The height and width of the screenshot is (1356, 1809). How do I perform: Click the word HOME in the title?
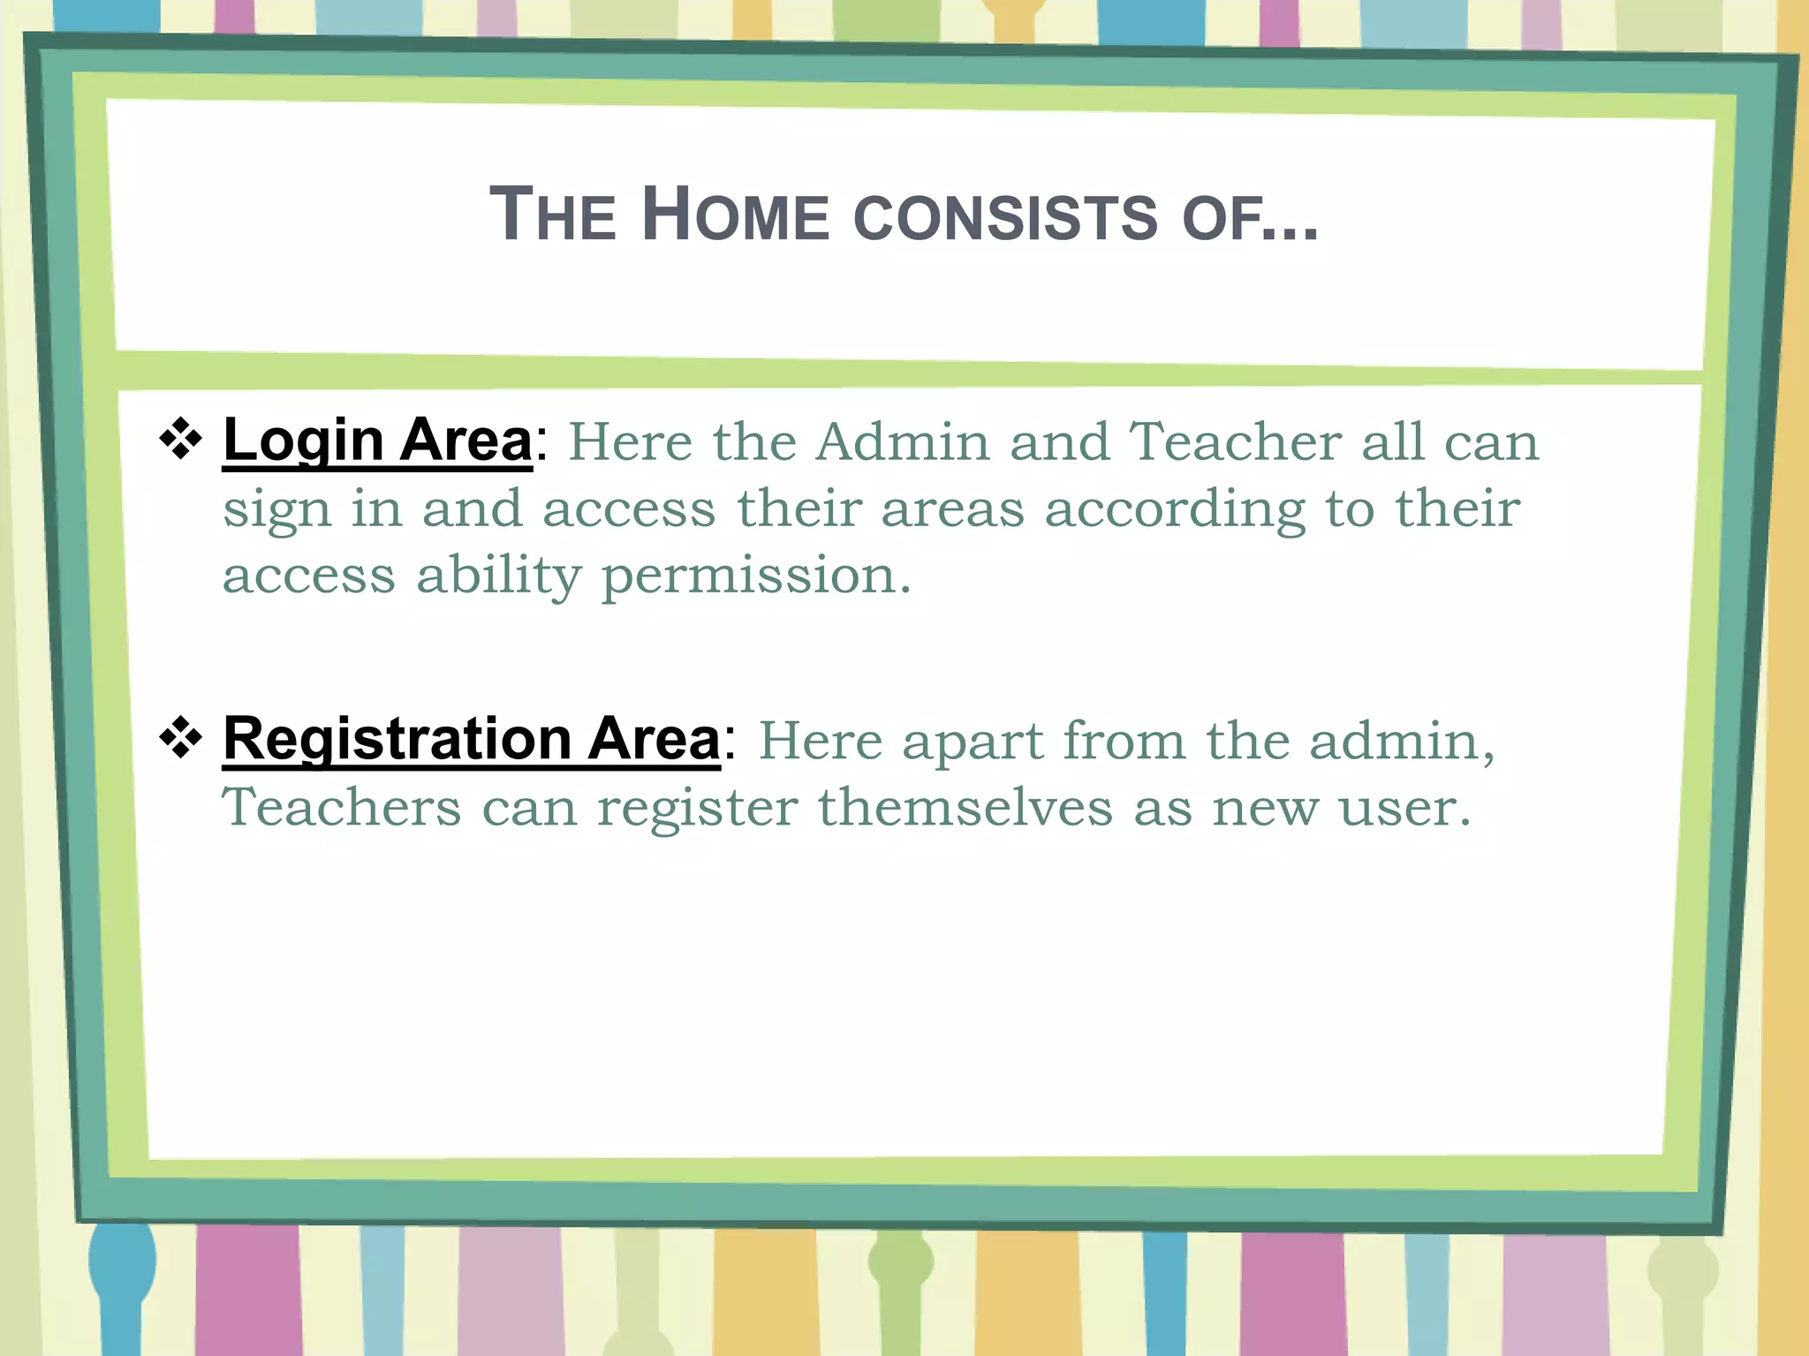click(735, 215)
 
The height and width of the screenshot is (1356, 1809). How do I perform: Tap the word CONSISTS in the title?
click(1004, 216)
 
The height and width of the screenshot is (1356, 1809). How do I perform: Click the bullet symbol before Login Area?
click(181, 438)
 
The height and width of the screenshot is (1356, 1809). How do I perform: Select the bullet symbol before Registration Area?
click(181, 737)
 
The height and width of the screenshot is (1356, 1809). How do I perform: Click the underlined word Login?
click(303, 441)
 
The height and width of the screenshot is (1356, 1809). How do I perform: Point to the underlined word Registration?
click(397, 738)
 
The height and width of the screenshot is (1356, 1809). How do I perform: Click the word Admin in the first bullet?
click(902, 441)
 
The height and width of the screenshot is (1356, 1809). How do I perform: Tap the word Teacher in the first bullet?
click(1236, 441)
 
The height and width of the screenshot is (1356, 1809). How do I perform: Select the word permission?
click(755, 577)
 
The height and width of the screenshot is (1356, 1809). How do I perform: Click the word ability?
click(498, 577)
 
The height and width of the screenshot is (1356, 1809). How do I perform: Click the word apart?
click(973, 741)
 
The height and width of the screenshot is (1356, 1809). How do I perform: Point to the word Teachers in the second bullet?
click(341, 807)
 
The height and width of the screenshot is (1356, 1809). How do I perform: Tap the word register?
click(697, 809)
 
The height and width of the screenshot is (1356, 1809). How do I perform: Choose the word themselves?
click(965, 807)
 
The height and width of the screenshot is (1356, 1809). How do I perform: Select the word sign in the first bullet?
click(276, 511)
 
